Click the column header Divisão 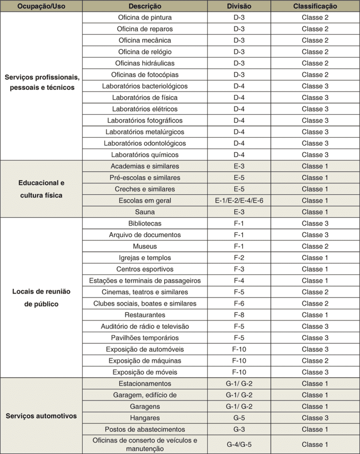(239, 6)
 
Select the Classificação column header (315, 6)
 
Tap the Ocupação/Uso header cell (41, 6)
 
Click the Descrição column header (145, 6)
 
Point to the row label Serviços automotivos (41, 416)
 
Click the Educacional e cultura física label (41, 189)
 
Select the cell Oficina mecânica (145, 40)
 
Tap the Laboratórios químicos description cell (145, 155)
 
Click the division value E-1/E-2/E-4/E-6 (239, 200)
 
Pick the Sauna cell (145, 212)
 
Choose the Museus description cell (145, 246)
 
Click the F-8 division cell (239, 315)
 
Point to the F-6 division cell (239, 303)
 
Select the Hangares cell (145, 418)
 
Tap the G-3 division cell (239, 429)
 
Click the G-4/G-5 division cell (239, 444)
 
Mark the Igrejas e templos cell (145, 258)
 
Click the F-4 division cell (239, 281)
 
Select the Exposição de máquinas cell (145, 360)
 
